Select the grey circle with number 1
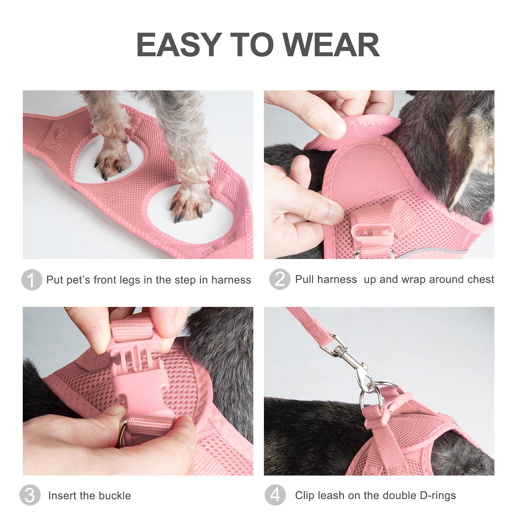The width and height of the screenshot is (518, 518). tap(32, 280)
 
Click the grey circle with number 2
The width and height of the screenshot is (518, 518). tap(280, 279)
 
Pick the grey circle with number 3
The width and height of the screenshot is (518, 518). tap(30, 495)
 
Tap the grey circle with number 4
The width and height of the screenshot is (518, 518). tap(275, 495)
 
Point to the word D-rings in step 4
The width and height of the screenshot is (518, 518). tap(437, 495)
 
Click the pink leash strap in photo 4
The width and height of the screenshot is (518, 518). tap(311, 325)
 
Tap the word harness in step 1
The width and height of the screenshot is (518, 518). tap(231, 280)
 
